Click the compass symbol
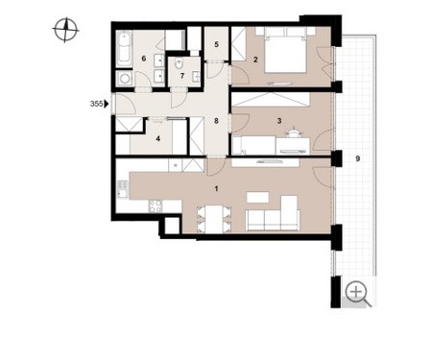[65, 30]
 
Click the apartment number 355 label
[96, 104]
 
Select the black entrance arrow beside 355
[107, 104]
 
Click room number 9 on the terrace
[358, 158]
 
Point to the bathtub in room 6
[124, 49]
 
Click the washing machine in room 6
[124, 78]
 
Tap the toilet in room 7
[179, 64]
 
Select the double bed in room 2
[285, 50]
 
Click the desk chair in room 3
[294, 132]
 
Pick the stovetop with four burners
[156, 206]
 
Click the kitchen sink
[122, 189]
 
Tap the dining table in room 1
[214, 219]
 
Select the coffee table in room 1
[257, 197]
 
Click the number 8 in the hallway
[217, 121]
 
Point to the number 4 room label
[157, 139]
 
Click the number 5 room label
[217, 44]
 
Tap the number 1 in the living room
[216, 189]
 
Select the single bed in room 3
[254, 145]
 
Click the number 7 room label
[182, 76]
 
